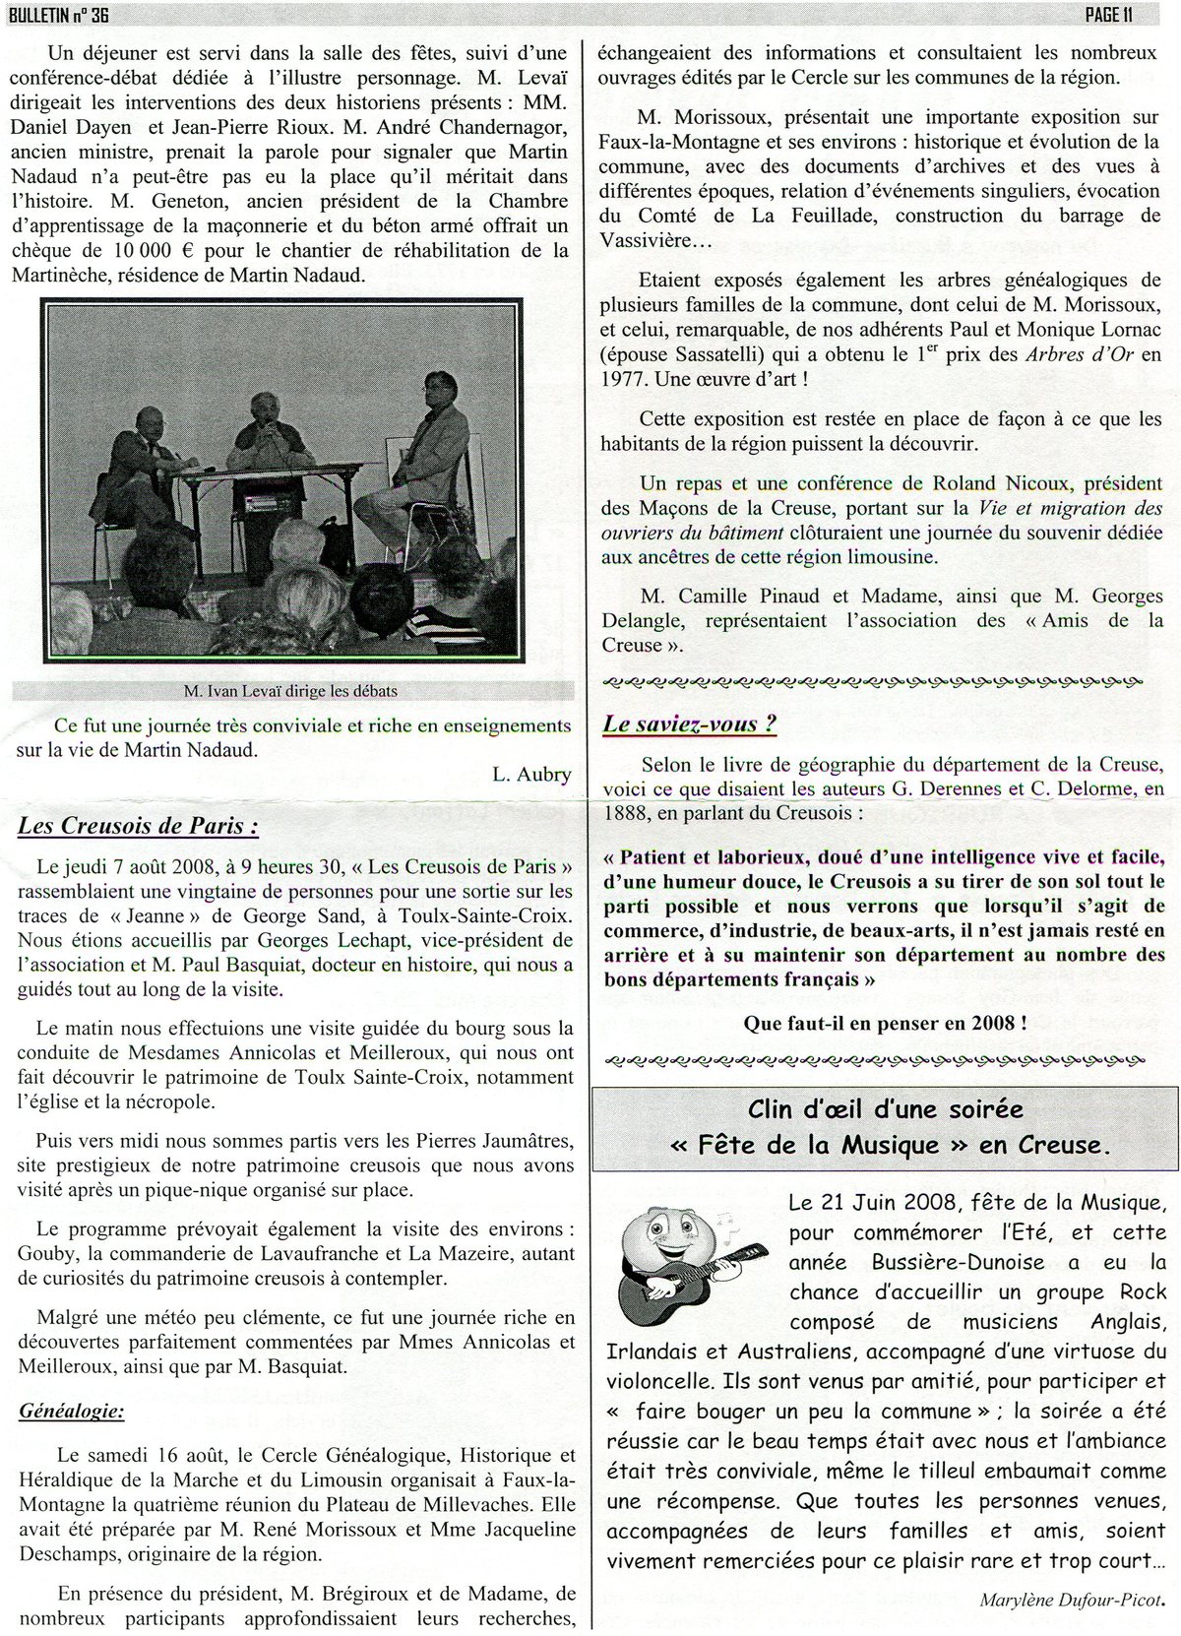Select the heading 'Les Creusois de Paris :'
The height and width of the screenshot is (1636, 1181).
(x=138, y=826)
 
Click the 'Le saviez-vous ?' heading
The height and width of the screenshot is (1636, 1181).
(x=689, y=724)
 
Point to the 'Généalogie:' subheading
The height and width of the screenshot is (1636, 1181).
(x=72, y=1412)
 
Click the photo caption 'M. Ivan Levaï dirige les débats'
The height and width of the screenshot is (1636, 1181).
(x=290, y=691)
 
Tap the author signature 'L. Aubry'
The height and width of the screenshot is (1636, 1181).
(x=531, y=774)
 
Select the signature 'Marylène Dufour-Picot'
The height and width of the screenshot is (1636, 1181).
(x=1077, y=1600)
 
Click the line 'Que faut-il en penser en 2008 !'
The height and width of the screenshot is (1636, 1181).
(x=886, y=1023)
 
